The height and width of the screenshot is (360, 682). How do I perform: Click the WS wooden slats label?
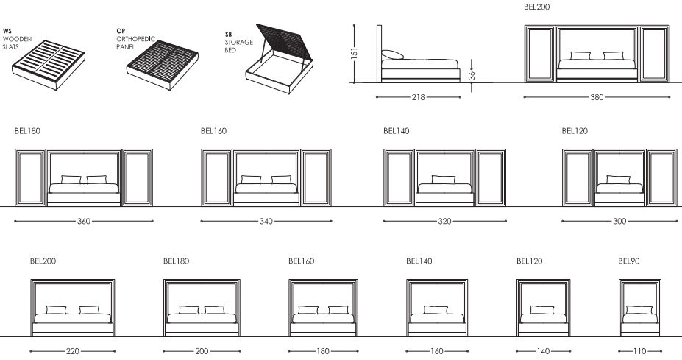click(x=17, y=39)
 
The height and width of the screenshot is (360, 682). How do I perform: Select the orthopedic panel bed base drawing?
click(x=163, y=66)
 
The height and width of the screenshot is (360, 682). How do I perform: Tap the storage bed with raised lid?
click(x=280, y=59)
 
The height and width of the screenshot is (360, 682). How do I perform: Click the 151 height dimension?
click(x=355, y=53)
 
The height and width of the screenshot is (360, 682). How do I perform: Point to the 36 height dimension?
click(x=472, y=76)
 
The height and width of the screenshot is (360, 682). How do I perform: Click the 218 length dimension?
click(x=418, y=97)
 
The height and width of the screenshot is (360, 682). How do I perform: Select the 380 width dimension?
click(x=597, y=97)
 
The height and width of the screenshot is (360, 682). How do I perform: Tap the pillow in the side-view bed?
click(x=393, y=55)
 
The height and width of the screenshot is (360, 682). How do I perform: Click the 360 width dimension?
click(x=84, y=221)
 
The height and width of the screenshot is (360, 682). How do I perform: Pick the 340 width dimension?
click(x=266, y=221)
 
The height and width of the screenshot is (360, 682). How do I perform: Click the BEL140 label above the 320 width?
click(x=397, y=131)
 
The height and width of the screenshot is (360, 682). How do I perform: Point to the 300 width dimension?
click(x=619, y=221)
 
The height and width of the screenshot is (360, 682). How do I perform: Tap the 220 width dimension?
click(x=73, y=351)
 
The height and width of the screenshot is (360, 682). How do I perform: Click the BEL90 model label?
click(x=629, y=261)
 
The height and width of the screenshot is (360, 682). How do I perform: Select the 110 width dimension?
click(x=640, y=351)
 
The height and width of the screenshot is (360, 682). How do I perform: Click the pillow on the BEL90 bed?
click(x=639, y=310)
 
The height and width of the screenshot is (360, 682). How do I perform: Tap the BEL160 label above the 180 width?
click(x=301, y=261)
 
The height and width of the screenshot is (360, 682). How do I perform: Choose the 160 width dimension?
click(x=437, y=351)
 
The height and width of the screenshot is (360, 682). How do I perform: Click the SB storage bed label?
click(x=239, y=42)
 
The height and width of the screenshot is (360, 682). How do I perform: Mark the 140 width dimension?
click(x=543, y=351)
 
